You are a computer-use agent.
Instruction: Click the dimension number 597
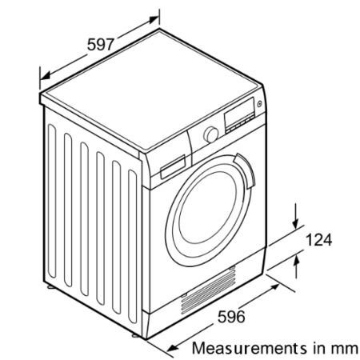click(x=101, y=44)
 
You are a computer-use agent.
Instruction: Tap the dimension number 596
click(x=231, y=317)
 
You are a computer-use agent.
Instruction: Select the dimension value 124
click(x=318, y=240)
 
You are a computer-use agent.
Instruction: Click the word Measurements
click(x=250, y=348)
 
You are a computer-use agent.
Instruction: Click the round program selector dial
click(x=211, y=134)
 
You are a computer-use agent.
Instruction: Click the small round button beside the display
click(x=259, y=104)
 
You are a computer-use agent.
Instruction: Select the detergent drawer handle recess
click(x=173, y=167)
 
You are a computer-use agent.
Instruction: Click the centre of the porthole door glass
click(x=207, y=207)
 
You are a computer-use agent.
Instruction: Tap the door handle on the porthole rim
click(x=246, y=170)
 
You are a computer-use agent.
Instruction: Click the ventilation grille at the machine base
click(x=209, y=290)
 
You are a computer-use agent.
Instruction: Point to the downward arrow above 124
click(x=295, y=216)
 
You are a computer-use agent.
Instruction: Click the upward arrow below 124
click(x=296, y=266)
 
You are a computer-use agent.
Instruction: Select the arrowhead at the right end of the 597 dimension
click(x=154, y=20)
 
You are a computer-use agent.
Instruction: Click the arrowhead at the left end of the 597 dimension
click(x=46, y=76)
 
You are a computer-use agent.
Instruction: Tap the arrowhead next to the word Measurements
click(x=172, y=348)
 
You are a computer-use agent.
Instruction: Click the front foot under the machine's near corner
click(x=135, y=335)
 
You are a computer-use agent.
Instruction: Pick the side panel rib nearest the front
click(x=132, y=246)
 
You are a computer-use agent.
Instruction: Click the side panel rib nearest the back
click(x=52, y=202)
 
